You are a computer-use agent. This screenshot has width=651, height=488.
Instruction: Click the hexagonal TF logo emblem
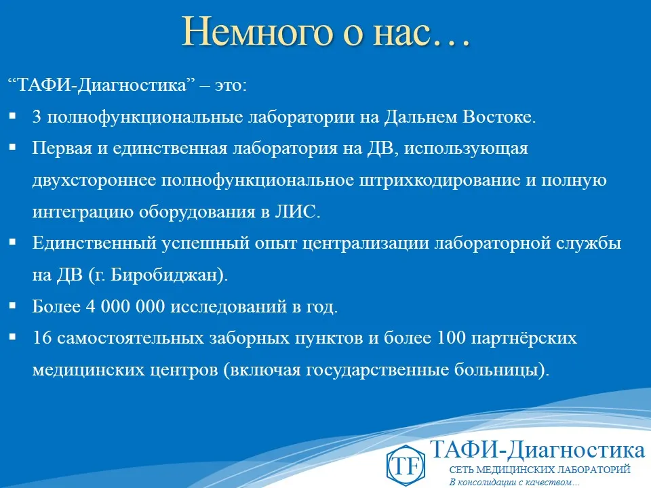pos(405,465)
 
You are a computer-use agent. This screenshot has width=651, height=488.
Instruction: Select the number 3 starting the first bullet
pos(37,117)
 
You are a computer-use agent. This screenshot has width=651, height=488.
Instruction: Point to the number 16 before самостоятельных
pos(41,338)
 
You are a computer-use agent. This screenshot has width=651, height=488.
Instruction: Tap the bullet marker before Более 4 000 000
pos(13,306)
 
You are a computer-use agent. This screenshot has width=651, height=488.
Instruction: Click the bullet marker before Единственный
pos(13,243)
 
